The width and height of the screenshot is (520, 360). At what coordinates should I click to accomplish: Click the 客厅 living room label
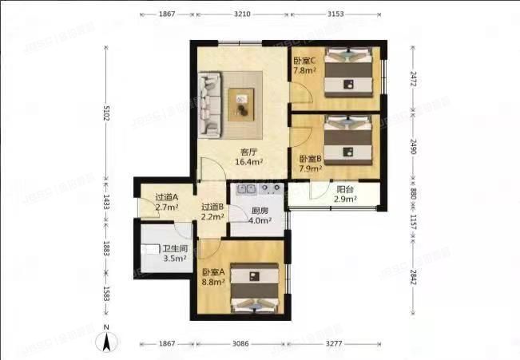[248, 151]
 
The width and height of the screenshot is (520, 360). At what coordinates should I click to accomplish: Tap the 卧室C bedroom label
[304, 61]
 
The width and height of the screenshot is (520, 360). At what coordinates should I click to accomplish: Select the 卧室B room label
[310, 159]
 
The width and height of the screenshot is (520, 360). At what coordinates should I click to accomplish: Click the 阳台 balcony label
[346, 190]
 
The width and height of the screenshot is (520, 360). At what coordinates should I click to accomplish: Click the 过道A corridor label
[166, 198]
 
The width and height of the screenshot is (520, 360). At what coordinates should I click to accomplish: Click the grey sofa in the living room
[212, 104]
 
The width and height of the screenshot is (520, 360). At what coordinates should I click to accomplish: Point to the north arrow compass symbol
[105, 342]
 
